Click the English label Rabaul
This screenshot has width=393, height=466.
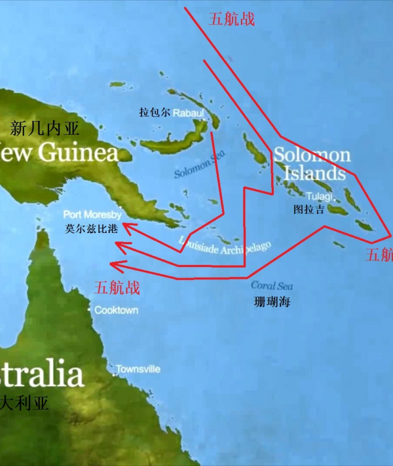[x=187, y=113]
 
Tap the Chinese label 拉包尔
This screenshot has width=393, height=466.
[x=155, y=113]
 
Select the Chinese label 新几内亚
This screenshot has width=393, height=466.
[x=45, y=128]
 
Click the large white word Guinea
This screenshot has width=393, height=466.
[x=79, y=153]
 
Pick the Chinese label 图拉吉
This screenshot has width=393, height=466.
[x=309, y=209]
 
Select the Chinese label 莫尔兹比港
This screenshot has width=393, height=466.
[x=92, y=229]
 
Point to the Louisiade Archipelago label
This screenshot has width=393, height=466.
[x=223, y=246]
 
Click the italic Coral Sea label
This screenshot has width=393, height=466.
[x=272, y=286]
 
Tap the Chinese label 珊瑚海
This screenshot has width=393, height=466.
[x=272, y=302]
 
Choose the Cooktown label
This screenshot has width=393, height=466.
[x=117, y=310]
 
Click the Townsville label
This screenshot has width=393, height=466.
[x=138, y=369]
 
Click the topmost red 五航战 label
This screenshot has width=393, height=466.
[x=231, y=19]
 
